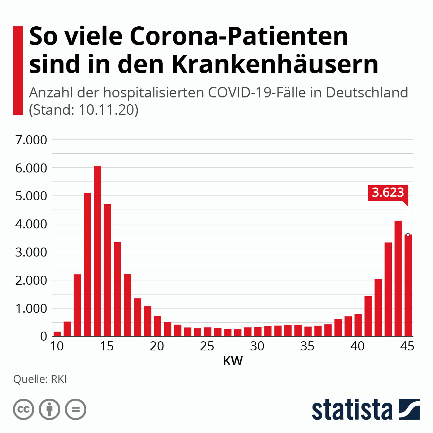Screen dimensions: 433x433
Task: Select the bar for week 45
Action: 408,285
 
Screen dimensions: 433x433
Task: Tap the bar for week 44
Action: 398,278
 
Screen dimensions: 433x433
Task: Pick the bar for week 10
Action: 57,334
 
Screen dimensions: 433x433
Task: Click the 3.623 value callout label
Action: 388,192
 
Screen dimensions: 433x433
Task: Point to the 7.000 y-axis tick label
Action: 31,140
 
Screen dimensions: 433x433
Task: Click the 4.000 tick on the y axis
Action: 31,224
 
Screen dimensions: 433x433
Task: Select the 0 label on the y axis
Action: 44,336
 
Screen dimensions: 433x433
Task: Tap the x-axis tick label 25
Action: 207,346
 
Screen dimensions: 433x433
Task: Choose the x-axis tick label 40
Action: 358,346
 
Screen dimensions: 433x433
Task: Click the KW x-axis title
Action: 233,361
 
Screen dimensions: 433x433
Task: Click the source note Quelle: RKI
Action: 40,380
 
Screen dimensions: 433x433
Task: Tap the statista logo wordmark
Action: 352,410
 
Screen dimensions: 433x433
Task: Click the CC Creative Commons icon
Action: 23,410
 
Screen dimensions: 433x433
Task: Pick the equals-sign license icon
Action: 75,410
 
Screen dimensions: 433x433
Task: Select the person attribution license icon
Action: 49,410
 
